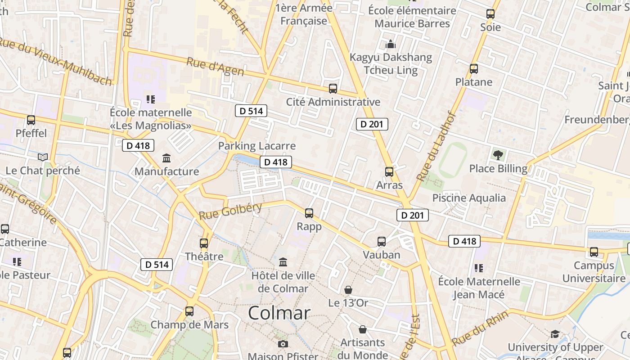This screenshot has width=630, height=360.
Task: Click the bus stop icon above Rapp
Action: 309,213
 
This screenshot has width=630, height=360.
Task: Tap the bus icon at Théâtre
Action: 204,243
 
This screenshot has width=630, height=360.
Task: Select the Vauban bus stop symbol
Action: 382,242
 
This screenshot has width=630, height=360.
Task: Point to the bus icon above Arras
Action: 389,172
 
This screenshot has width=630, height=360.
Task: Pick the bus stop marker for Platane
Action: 473,69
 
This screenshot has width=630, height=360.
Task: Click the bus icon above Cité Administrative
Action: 333,89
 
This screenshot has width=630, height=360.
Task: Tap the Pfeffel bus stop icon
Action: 31,120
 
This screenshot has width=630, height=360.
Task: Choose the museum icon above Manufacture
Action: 166,158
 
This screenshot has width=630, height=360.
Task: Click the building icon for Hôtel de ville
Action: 283,262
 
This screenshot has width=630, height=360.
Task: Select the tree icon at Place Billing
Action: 498,155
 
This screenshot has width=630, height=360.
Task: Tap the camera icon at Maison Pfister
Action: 283,344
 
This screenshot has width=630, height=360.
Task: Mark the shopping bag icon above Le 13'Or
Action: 348,289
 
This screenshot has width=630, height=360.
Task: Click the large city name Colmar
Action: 279,313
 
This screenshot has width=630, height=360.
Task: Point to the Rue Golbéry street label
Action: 230,211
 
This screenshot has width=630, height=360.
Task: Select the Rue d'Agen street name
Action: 215,67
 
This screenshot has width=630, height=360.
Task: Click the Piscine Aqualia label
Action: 469,198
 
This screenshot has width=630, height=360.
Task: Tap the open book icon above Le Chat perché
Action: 43,157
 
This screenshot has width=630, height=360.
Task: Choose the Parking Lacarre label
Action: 257,146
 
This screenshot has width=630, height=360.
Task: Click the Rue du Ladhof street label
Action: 436,147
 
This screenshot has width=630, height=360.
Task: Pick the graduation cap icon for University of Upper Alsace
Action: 555,334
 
